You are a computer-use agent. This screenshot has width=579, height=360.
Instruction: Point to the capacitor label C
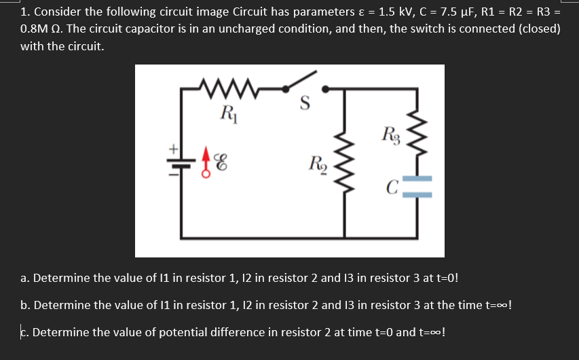[x=392, y=185]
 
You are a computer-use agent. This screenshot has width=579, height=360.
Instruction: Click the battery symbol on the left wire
[x=181, y=162]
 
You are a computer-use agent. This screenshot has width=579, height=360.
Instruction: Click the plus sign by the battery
[x=172, y=148]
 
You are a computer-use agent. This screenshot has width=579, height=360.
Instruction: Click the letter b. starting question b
[x=25, y=305]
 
